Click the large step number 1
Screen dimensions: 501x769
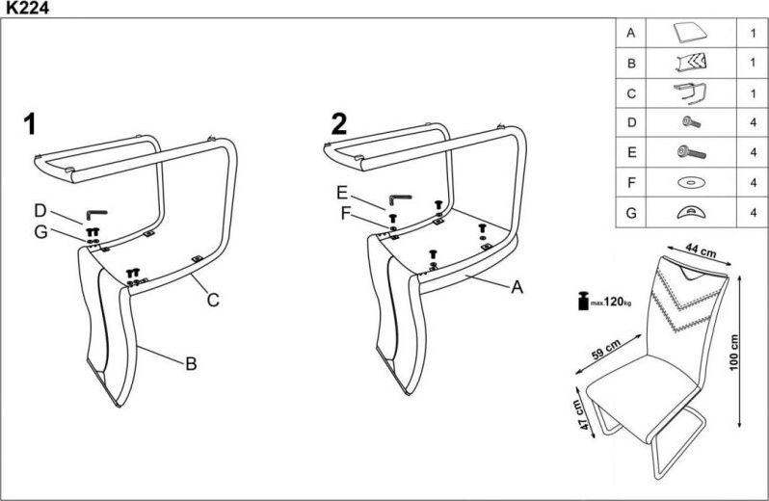point(31,123)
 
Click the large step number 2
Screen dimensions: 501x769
point(338,123)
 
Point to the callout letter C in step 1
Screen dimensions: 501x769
point(213,300)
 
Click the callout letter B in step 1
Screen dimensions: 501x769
point(191,363)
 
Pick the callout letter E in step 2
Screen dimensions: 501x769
point(342,192)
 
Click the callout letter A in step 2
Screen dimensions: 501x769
point(517,286)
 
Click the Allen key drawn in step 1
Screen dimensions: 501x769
point(98,213)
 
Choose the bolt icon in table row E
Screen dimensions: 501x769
point(690,152)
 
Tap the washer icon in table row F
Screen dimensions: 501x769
point(690,182)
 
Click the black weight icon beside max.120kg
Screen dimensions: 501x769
point(583,302)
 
